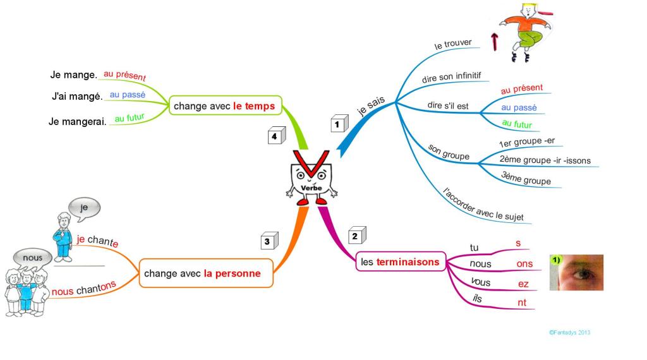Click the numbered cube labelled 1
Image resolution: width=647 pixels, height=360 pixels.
[339, 123]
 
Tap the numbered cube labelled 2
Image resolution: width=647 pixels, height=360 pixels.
[358, 235]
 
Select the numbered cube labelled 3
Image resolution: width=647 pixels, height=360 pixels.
[269, 241]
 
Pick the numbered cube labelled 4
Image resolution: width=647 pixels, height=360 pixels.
[277, 135]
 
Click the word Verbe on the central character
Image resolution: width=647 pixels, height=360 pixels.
[311, 188]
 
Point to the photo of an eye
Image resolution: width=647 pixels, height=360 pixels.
[576, 273]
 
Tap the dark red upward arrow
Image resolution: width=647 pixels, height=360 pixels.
[494, 42]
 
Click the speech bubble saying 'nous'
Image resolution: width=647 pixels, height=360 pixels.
[33, 258]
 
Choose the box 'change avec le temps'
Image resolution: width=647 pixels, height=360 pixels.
[226, 105]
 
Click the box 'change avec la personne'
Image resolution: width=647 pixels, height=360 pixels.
[206, 273]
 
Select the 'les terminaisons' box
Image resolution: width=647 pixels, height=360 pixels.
[401, 261]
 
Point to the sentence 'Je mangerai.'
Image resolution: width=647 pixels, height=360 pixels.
[78, 122]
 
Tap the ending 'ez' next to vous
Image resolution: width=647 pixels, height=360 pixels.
[523, 284]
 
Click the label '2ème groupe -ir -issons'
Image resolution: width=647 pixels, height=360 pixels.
[545, 160]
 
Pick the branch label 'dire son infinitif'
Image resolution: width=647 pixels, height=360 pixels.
[451, 77]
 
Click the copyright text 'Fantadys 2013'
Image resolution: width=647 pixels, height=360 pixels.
[569, 332]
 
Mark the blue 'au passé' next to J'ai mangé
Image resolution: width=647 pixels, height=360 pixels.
[128, 95]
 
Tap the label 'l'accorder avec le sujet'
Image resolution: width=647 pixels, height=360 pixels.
[483, 205]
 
